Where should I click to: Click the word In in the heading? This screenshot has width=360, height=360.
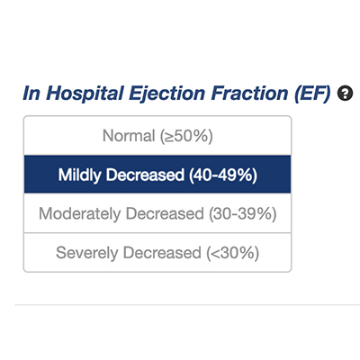point(31,93)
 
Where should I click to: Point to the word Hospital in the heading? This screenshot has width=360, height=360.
point(85,94)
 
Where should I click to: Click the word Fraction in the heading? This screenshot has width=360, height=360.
point(250,93)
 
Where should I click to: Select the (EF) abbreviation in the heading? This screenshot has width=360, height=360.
point(313,94)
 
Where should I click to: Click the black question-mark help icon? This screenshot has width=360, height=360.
point(346,94)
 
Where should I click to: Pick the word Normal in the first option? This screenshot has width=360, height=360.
point(129,136)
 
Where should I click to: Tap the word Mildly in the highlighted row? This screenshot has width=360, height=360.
point(79,175)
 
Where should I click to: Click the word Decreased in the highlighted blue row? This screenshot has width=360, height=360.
point(145,175)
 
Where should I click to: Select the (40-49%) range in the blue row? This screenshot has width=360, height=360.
point(223,175)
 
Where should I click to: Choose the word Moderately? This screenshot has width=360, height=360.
point(80,214)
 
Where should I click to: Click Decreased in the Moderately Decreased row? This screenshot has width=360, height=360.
point(165,213)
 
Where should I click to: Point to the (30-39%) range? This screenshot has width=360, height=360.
point(243,214)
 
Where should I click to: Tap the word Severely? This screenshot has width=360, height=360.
point(87,253)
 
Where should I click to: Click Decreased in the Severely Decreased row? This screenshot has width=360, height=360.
point(162,252)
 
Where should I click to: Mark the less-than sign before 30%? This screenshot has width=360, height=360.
point(216,254)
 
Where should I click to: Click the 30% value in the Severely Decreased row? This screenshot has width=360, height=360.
point(238,253)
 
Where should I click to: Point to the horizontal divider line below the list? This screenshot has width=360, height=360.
point(187,305)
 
